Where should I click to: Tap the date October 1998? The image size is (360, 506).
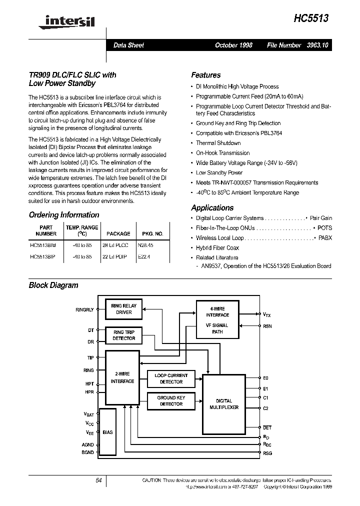tap(233, 45)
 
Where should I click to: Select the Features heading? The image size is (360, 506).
tap(205, 75)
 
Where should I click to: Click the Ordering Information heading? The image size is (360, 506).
tap(64, 215)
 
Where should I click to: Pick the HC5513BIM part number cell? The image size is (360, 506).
tap(43, 245)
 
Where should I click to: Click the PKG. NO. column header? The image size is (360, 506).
tap(152, 233)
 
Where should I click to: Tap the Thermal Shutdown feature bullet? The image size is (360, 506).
tap(218, 143)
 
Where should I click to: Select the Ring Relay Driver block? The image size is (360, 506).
tap(124, 309)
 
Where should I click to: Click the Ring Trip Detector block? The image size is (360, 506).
tap(124, 335)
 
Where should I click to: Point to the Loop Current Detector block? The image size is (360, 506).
tap(171, 378)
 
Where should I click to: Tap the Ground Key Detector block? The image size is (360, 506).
tap(171, 400)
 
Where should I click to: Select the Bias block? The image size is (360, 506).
tap(106, 432)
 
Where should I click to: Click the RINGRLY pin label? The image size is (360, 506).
tap(84, 310)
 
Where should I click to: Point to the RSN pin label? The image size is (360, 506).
tap(267, 326)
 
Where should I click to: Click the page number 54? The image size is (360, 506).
tap(98, 480)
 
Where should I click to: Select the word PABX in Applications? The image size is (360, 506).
tap(325, 238)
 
